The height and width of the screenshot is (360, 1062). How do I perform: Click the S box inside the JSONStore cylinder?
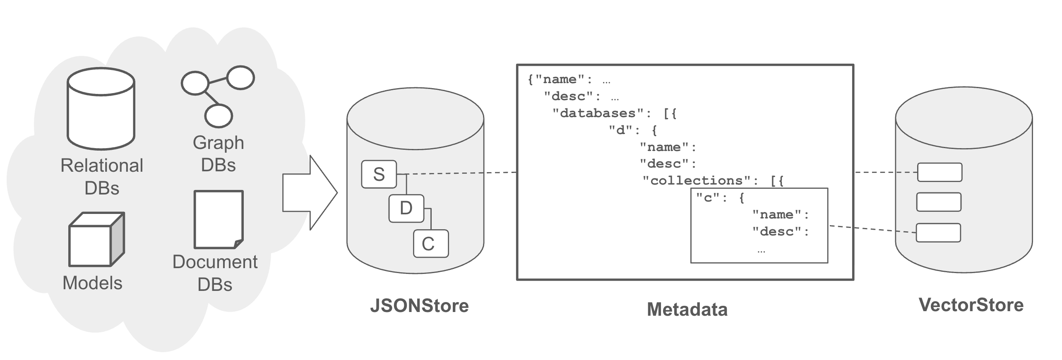click(379, 174)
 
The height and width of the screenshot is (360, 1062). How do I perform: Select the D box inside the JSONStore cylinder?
click(406, 208)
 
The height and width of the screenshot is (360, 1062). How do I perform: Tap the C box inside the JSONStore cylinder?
click(430, 244)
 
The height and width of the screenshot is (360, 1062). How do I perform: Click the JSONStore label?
click(419, 306)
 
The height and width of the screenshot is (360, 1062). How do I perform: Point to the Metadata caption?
click(687, 310)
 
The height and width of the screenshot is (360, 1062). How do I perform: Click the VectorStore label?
click(971, 305)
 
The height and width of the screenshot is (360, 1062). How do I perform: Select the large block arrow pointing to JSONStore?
click(310, 192)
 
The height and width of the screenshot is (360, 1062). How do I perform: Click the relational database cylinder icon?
click(101, 108)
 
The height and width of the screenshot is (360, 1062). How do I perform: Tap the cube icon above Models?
click(96, 240)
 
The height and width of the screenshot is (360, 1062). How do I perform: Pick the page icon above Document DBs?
click(219, 219)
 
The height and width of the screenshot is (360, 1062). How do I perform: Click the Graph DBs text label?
click(218, 154)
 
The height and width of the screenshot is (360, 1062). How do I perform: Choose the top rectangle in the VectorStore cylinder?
click(939, 172)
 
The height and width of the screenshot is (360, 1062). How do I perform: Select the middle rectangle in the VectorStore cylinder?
click(939, 202)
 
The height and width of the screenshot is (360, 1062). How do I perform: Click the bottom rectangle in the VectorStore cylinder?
click(938, 233)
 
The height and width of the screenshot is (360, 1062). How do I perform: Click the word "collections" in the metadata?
click(697, 181)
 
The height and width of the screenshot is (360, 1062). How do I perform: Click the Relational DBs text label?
click(102, 177)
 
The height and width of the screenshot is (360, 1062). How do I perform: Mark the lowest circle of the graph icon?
click(219, 115)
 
